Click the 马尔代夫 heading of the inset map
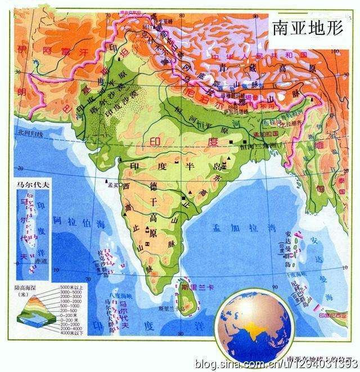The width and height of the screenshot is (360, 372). pyautogui.click(x=31, y=185)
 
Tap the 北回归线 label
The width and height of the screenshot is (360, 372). pyautogui.click(x=26, y=134)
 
